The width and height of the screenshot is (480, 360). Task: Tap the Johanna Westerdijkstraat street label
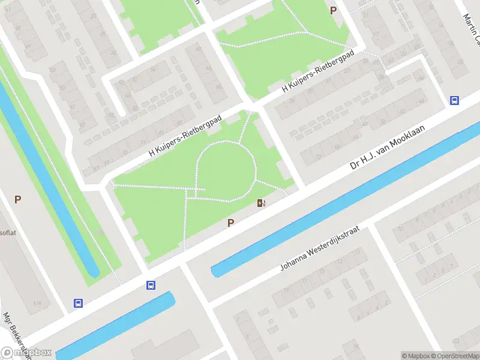pos(319,249)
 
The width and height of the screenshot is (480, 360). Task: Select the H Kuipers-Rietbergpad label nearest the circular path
pos(185,137)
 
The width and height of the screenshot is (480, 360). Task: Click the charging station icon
pos(261,203)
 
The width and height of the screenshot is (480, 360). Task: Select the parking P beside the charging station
pos(230,223)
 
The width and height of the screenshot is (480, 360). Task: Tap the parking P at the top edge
pos(334,10)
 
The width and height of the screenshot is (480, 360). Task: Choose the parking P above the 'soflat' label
pos(18,199)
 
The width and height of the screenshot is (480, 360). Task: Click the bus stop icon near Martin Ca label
pos(455,101)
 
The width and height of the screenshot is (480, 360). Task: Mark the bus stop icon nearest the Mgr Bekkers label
pos(78,304)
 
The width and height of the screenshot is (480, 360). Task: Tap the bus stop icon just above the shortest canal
pos(151,286)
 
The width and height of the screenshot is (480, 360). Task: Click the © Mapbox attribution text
pos(416,356)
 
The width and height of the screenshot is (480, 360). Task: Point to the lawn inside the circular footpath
pos(226,170)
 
